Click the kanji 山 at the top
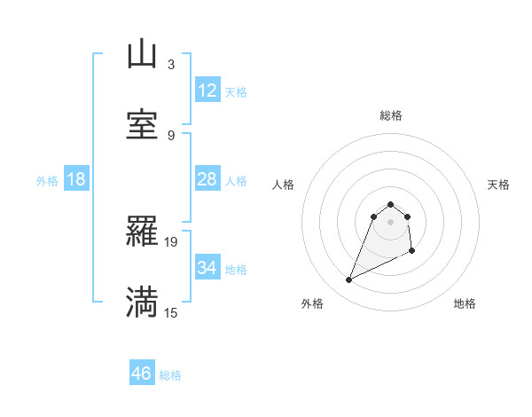click(142, 55)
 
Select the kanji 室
click(142, 125)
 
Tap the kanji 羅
click(142, 232)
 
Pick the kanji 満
click(142, 302)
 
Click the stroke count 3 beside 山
click(171, 65)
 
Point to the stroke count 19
click(171, 241)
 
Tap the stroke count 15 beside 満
click(171, 312)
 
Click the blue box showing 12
click(207, 90)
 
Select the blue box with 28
click(207, 179)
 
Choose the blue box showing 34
click(207, 268)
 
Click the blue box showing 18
click(76, 179)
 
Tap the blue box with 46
click(141, 374)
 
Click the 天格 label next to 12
click(236, 92)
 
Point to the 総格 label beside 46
click(170, 375)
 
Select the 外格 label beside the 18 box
click(47, 181)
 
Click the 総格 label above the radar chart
click(391, 115)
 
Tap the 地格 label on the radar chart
click(465, 303)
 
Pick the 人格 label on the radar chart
click(284, 185)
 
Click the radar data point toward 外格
click(348, 280)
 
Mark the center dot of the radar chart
click(391, 222)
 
